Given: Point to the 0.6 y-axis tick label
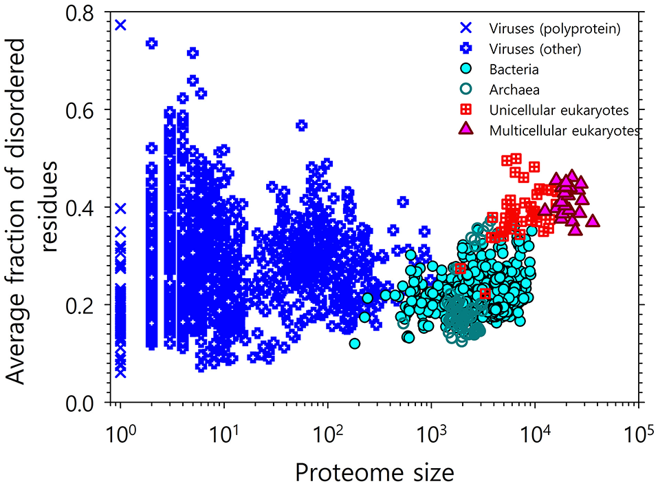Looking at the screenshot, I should (88, 110).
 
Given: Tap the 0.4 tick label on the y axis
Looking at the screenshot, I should (88, 208).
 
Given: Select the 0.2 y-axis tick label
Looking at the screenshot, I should (88, 306).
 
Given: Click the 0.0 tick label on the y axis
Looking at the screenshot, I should (88, 403).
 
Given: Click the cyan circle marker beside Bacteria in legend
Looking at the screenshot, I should (466, 70).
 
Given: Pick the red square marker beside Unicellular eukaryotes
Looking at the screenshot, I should (466, 109).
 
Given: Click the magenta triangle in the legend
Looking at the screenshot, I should (466, 129).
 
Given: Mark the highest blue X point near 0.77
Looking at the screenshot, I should (120, 25).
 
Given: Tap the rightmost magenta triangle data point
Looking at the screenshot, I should (592, 221).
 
